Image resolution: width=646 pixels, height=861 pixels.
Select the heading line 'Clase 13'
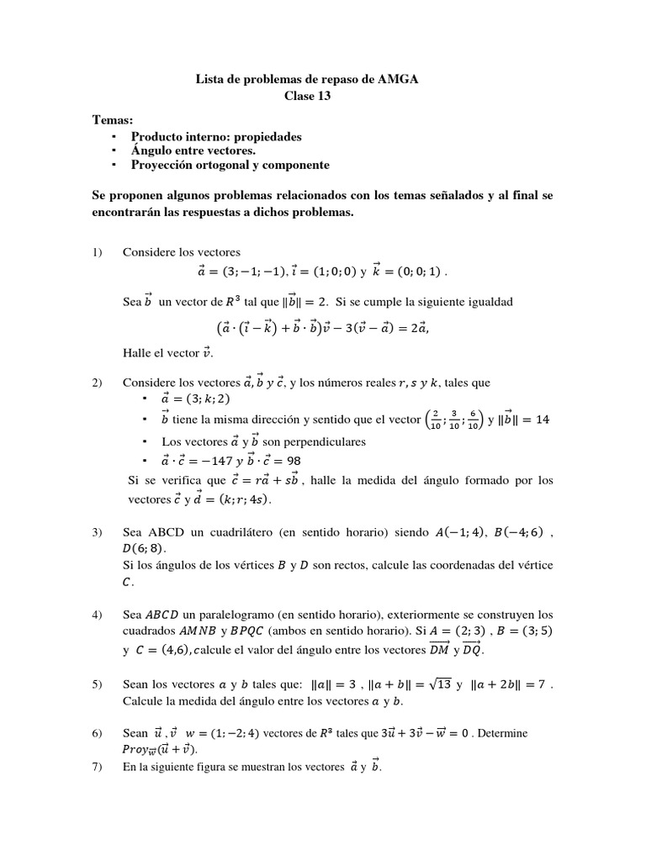pyautogui.click(x=308, y=96)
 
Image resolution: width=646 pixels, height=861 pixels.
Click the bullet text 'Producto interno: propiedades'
pyautogui.click(x=216, y=135)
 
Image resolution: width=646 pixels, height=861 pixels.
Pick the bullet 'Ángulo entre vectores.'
pyautogui.click(x=193, y=150)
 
